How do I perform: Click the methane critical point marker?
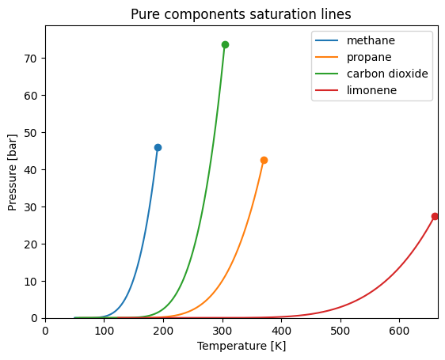pos(158,147)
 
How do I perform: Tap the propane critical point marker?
pos(264,160)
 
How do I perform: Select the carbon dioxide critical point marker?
pos(225,44)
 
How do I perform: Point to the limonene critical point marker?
pos(435,216)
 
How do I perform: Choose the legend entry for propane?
pos(365,57)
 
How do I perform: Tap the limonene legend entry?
pos(369,90)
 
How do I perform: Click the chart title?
pos(241,14)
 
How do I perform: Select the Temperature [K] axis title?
pos(241,346)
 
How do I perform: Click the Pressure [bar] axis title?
pos(13,172)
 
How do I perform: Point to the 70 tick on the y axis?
pos(32,59)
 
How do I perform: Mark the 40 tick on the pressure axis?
pos(32,169)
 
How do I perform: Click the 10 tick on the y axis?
pos(32,281)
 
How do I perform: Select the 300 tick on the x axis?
pos(222,332)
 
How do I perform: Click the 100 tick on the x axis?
pos(105,332)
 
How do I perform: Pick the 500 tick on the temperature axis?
pos(340,332)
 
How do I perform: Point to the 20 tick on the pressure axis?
pos(32,244)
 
